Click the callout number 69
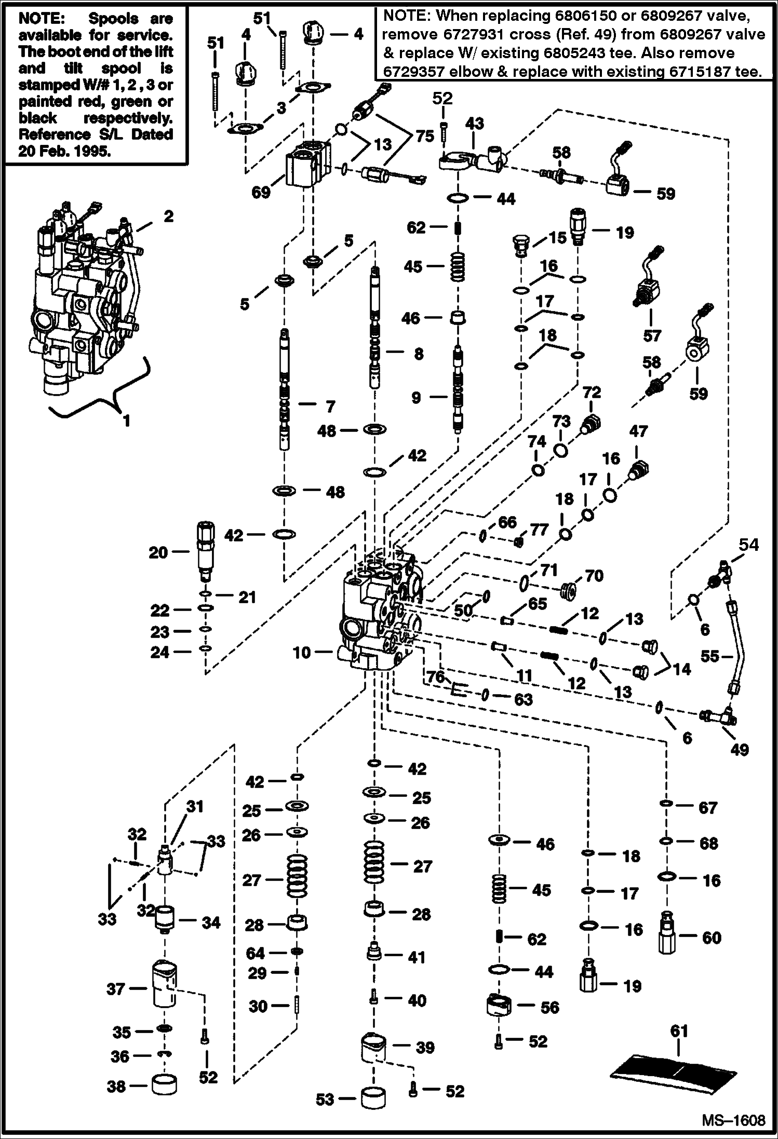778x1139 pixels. tap(261, 192)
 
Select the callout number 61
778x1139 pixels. tap(679, 1031)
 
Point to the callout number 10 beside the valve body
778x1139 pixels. tap(301, 653)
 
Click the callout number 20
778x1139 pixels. tap(158, 553)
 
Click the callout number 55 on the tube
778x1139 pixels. tap(709, 656)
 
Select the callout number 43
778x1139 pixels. tap(474, 124)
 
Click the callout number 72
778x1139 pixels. tap(591, 392)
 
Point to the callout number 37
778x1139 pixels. tap(116, 989)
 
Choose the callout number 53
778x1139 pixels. tap(325, 1099)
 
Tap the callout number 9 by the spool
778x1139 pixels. tap(416, 398)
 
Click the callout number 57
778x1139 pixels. tap(651, 336)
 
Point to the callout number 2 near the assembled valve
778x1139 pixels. tap(168, 216)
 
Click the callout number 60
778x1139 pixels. tap(712, 938)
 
